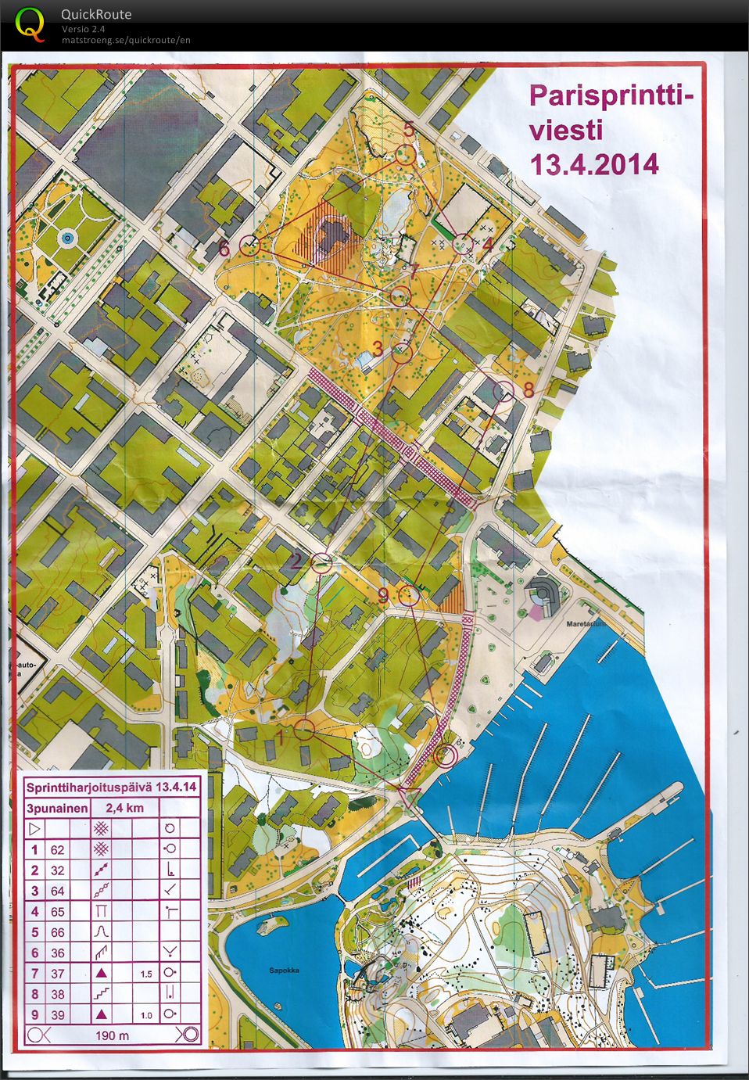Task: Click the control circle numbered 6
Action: pos(249,245)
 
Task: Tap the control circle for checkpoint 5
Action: pos(404,154)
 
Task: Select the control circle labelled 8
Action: pos(504,391)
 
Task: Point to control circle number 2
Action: pos(321,562)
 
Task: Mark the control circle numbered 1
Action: pos(305,730)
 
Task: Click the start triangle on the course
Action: pos(409,797)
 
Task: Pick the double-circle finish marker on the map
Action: pos(445,755)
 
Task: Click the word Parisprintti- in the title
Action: pos(611,97)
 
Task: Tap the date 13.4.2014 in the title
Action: pos(594,165)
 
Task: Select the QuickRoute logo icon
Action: pos(30,24)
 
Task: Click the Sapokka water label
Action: pos(284,971)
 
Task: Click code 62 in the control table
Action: pos(57,850)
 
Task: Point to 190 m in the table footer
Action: pos(113,1035)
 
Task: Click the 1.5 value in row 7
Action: pos(146,974)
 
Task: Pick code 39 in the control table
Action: pos(57,1015)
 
